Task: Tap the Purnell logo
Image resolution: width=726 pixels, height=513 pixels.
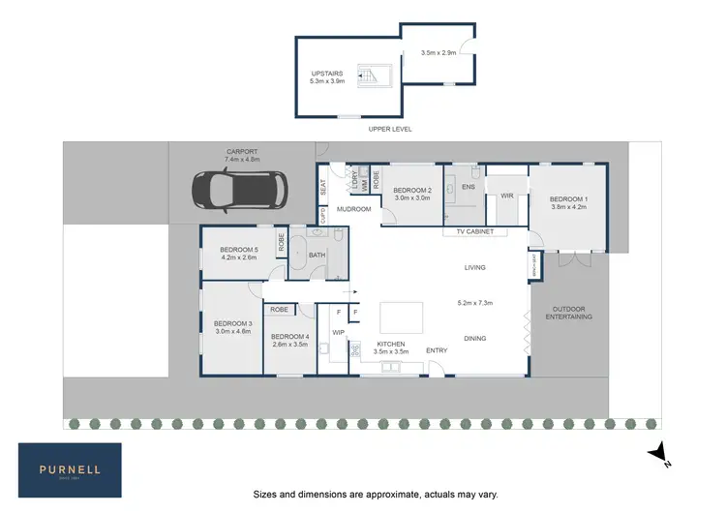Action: pyautogui.click(x=70, y=469)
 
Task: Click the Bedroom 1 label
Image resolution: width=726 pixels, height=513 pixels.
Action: pyautogui.click(x=569, y=201)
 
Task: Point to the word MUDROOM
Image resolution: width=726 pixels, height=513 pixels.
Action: pyautogui.click(x=354, y=209)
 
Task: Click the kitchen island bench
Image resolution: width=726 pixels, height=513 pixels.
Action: pyautogui.click(x=402, y=317)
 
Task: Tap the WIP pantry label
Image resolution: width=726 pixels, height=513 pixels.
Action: pyautogui.click(x=338, y=332)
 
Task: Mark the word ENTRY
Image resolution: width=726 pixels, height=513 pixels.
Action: pyautogui.click(x=438, y=349)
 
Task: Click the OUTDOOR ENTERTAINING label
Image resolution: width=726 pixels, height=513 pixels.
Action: pyautogui.click(x=568, y=313)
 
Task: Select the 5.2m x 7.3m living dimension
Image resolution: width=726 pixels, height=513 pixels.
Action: pyautogui.click(x=475, y=303)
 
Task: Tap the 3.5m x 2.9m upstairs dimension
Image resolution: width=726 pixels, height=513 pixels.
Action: pyautogui.click(x=439, y=53)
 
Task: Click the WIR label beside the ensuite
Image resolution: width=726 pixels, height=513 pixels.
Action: pyautogui.click(x=505, y=196)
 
